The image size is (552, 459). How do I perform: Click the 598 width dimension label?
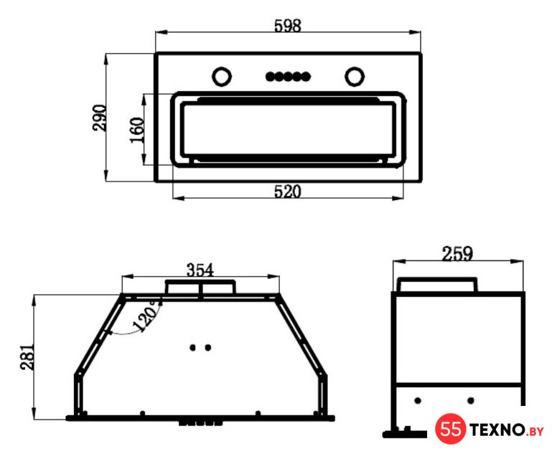coord(288,26)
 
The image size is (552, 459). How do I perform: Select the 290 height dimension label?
coord(99,118)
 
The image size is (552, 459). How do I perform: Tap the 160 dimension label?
coord(137,130)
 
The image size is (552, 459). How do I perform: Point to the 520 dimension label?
coord(288,191)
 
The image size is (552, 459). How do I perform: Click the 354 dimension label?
coord(200,270)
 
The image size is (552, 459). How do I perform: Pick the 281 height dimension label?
coord(27,356)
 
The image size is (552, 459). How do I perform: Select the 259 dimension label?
coord(457,254)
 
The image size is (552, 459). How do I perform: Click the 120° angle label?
coord(147,316)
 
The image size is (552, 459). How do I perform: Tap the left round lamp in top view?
coord(222,76)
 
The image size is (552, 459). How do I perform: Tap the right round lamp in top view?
coord(355,76)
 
